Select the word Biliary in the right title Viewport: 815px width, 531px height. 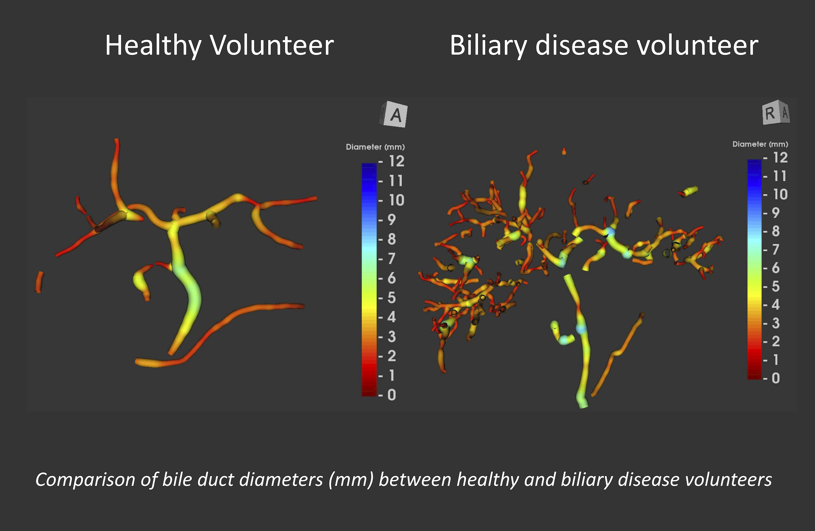point(488,45)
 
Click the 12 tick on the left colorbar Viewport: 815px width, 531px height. point(396,161)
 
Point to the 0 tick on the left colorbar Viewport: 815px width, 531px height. point(392,395)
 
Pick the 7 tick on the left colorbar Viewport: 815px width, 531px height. point(392,258)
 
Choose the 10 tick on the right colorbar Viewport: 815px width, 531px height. point(780,195)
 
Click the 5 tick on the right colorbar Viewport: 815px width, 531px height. point(776,286)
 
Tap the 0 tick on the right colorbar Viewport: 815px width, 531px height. point(776,378)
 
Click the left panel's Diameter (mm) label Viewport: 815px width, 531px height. point(375,147)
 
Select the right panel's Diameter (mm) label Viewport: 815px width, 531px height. point(760,144)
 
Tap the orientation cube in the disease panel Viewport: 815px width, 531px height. point(776,112)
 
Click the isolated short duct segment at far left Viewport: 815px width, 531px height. point(39,282)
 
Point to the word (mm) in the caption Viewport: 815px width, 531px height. point(351,479)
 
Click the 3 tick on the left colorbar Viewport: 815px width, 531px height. point(392,336)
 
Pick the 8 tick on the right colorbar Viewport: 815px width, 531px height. point(776,231)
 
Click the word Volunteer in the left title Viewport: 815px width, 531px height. point(272,45)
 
